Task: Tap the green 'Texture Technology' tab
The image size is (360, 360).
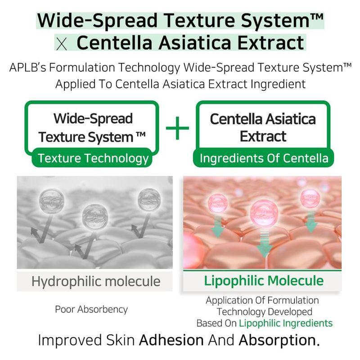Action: pos(93,158)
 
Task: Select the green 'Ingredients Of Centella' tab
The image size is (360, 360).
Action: pos(264,158)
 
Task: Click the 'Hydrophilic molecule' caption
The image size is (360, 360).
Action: pos(96,282)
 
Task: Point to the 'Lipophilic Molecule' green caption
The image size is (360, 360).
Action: pos(264,281)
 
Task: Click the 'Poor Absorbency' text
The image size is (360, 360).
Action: pos(91,309)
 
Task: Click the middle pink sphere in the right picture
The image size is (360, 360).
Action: pos(264,211)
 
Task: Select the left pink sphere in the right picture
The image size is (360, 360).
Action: pos(218,202)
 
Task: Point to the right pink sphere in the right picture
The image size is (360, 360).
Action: pos(310,198)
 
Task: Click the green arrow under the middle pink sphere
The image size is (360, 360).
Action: pos(264,245)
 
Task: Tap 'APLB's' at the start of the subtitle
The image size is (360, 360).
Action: pos(28,68)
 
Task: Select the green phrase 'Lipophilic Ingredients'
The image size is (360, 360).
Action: pos(286,323)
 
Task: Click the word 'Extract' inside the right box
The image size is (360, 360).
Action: pos(263,136)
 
